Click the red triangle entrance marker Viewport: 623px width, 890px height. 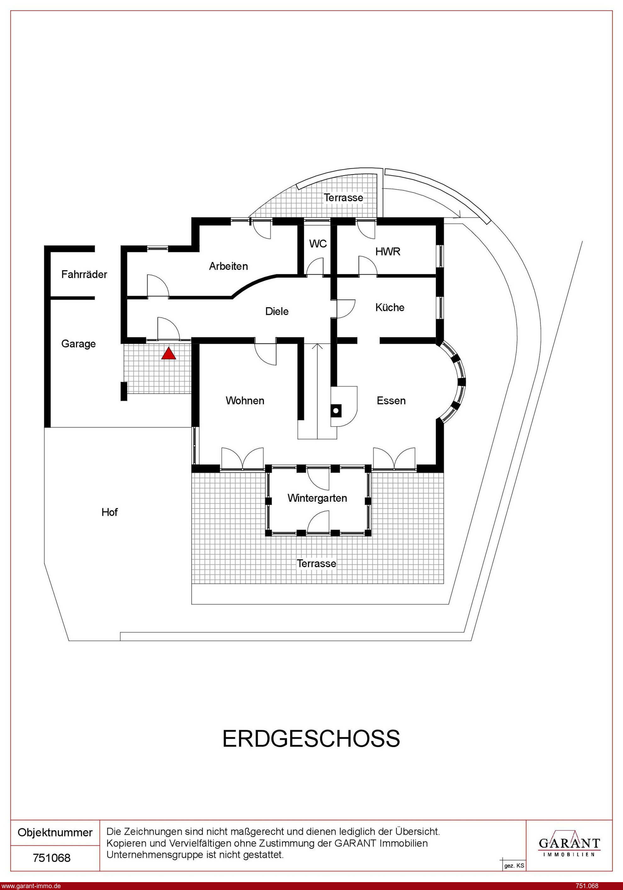(x=168, y=353)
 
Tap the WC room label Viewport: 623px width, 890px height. (x=318, y=244)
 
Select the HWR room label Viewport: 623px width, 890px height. (x=388, y=252)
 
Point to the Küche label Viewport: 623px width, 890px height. (x=390, y=307)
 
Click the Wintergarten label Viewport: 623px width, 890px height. (x=317, y=498)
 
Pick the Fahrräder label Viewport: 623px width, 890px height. (x=84, y=274)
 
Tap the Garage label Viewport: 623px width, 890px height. (x=78, y=344)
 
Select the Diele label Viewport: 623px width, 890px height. (x=277, y=311)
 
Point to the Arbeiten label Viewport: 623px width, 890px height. (x=228, y=266)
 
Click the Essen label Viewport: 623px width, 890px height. (x=391, y=400)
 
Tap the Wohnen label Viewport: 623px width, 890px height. (x=245, y=400)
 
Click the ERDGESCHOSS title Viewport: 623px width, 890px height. (x=311, y=739)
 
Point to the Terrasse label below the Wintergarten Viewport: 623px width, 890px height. (x=316, y=563)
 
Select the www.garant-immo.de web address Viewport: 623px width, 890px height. (x=31, y=886)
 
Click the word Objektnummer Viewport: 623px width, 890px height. (x=55, y=833)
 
